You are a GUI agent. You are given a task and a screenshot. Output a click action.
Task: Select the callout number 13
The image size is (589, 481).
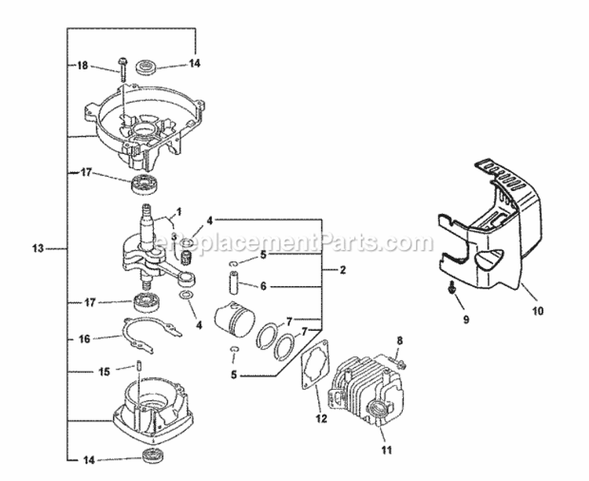coord(38,249)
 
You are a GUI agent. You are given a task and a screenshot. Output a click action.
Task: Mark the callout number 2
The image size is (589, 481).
coord(342,269)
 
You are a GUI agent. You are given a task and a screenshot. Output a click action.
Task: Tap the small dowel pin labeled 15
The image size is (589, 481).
coord(137,365)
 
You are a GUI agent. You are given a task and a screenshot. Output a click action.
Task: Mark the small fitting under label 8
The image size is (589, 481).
coord(401,362)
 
